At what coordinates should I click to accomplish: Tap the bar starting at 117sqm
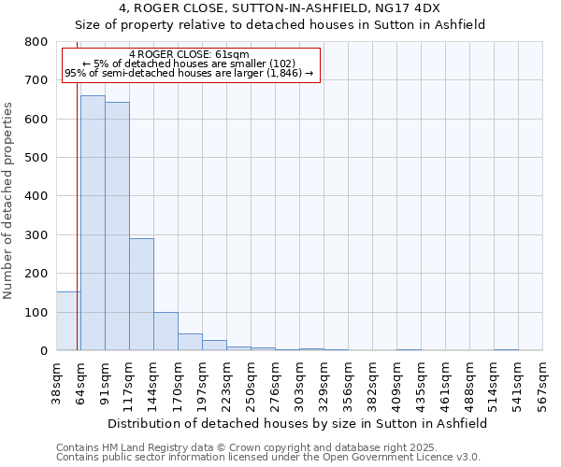click(141, 294)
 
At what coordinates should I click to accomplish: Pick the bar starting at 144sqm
click(165, 331)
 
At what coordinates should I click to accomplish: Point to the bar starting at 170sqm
click(190, 342)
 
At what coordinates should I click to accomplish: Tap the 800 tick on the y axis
click(36, 42)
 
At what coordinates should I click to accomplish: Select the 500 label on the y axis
click(36, 158)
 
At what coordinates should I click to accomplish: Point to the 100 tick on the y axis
click(36, 312)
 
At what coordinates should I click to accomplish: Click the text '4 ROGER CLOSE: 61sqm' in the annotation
click(190, 54)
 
